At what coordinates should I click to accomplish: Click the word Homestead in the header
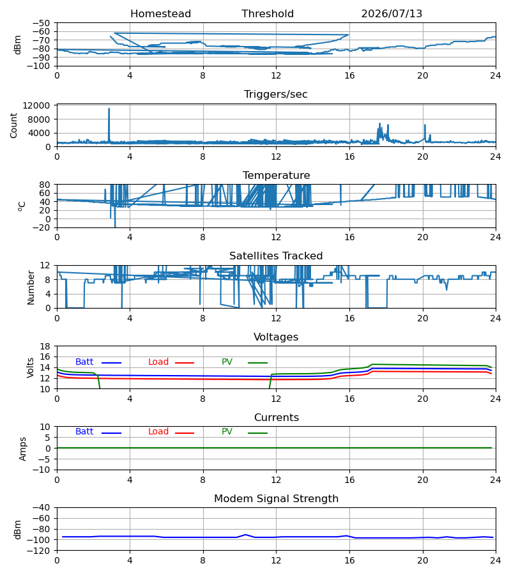160,14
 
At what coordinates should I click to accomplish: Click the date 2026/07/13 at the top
392,14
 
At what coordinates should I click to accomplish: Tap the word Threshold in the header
268,14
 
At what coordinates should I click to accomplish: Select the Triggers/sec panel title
276,95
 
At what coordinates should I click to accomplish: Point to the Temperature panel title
276,175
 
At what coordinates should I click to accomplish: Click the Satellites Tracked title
276,256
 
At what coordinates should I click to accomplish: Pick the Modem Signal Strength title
276,499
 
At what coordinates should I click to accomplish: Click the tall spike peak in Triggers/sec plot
109,109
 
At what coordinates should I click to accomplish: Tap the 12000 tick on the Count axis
36,105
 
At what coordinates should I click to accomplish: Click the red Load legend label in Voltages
158,362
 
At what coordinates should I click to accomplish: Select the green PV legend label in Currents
227,432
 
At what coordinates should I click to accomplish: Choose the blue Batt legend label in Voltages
84,362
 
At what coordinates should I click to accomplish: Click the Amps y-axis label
23,449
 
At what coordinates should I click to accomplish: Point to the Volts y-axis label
30,368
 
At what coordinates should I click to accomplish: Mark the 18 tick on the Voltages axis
45,347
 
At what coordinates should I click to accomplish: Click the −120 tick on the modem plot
41,551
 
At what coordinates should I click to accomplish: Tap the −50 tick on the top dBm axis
41,23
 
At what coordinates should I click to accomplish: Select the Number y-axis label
31,288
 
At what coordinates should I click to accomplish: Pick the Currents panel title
277,418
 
